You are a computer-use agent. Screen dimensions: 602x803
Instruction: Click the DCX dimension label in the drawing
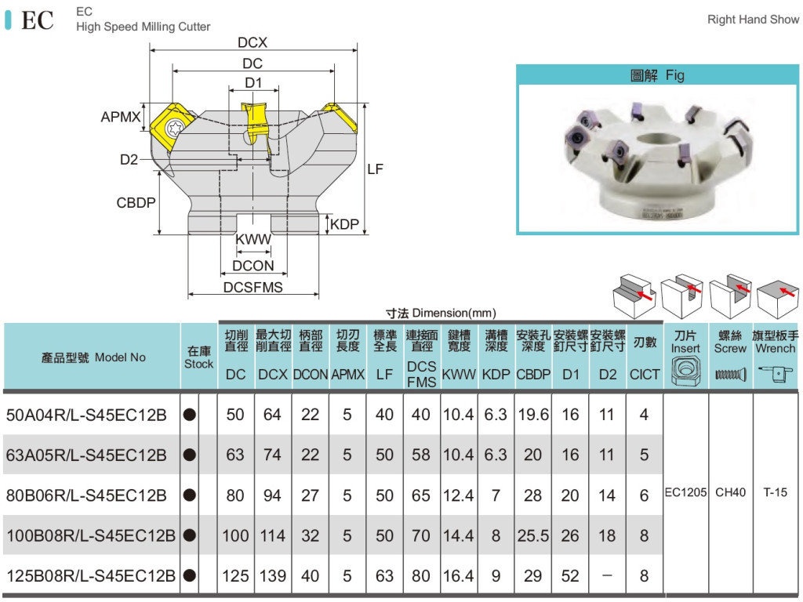[x=253, y=43]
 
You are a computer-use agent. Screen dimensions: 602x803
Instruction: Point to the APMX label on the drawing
[x=121, y=118]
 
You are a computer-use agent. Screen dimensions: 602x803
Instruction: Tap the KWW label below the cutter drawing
[x=253, y=240]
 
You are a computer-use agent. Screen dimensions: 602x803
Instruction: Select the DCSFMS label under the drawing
[x=253, y=288]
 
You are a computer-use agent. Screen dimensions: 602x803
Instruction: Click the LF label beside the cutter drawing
[x=375, y=169]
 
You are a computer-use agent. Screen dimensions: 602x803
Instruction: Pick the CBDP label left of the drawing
[x=136, y=202]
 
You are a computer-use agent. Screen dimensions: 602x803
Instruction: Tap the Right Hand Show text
[x=753, y=20]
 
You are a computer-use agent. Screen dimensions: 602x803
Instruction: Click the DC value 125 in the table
[x=235, y=576]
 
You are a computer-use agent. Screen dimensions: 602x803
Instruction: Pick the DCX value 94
[x=272, y=495]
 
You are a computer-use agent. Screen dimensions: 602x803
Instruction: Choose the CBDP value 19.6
[x=532, y=414]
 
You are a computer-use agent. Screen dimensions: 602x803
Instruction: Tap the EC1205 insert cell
[x=685, y=493]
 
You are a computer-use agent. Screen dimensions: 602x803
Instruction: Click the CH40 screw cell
[x=730, y=493]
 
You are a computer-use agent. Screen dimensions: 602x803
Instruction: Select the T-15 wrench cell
[x=775, y=493]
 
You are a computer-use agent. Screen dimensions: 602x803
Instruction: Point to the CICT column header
[x=645, y=375]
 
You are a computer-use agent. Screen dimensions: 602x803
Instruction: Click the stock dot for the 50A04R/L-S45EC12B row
[x=189, y=415]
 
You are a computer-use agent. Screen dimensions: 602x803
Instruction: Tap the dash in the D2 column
[x=607, y=576]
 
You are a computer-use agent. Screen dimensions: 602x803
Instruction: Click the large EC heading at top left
[x=37, y=20]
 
